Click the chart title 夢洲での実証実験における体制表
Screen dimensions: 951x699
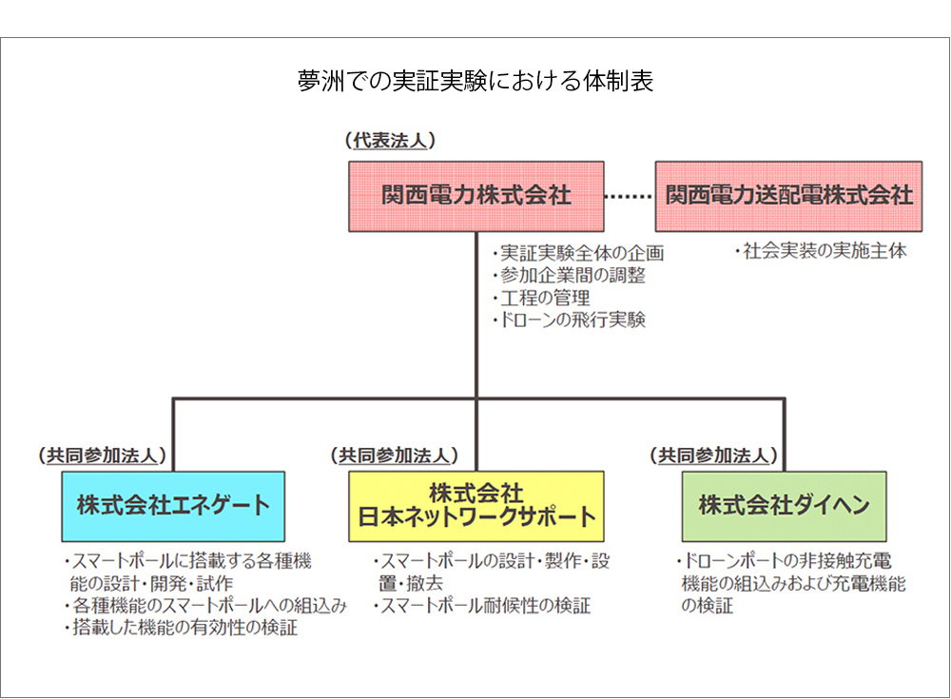[475, 81]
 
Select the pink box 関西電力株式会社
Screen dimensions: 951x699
[476, 196]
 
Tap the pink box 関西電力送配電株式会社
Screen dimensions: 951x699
[788, 196]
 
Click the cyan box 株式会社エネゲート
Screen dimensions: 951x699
[173, 506]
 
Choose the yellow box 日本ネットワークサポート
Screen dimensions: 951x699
[476, 506]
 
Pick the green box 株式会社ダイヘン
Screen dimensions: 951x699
[784, 506]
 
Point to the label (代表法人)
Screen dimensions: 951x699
[390, 141]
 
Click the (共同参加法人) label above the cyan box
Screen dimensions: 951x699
[102, 456]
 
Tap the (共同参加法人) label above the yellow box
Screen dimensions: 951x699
[394, 456]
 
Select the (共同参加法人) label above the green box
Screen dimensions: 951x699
[713, 456]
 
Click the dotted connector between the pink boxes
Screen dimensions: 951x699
[630, 196]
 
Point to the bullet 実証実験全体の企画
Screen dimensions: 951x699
[578, 253]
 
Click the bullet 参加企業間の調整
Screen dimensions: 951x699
[569, 276]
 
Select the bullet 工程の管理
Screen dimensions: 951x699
[541, 298]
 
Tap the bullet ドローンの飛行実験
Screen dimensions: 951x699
[569, 320]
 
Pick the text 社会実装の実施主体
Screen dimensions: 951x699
[821, 251]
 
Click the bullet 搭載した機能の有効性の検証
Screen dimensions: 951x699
[181, 628]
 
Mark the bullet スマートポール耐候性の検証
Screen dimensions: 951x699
[481, 606]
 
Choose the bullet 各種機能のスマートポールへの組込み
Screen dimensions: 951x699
[205, 606]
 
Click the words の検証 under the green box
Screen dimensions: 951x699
[708, 606]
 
